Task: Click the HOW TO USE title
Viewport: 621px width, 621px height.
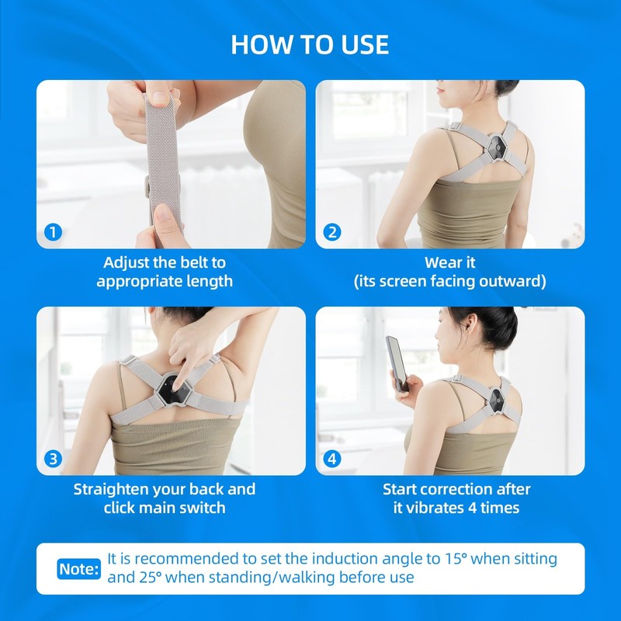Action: pos(310,44)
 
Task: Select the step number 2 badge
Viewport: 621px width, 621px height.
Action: pos(331,232)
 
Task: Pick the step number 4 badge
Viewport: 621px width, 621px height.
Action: pos(331,459)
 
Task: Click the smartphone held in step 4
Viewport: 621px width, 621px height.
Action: pos(397,363)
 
